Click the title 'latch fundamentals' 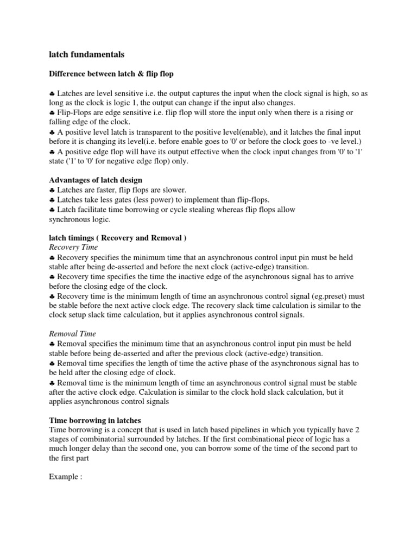point(86,54)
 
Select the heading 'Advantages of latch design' point(96,180)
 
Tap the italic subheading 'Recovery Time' point(73,248)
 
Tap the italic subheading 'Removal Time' point(72,334)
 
